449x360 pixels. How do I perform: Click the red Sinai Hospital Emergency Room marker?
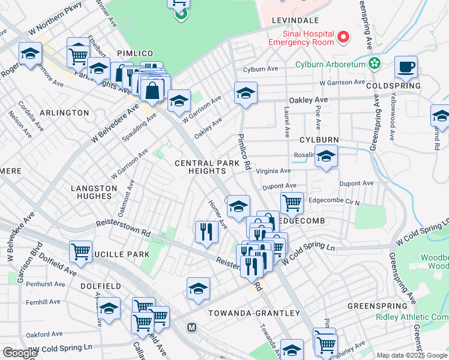coord(343,38)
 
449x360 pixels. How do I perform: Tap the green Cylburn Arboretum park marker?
coord(375,63)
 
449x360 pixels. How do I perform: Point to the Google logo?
coord(19,352)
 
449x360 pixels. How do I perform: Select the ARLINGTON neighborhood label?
coord(64,112)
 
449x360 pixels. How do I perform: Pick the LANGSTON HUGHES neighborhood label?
coord(94,192)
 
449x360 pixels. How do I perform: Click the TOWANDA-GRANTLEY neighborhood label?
coord(253,313)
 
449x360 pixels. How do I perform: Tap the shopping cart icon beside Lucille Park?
coord(80,251)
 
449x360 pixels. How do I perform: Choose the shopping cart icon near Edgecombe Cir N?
coord(292,202)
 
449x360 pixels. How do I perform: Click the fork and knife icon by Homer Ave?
coord(206,231)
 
